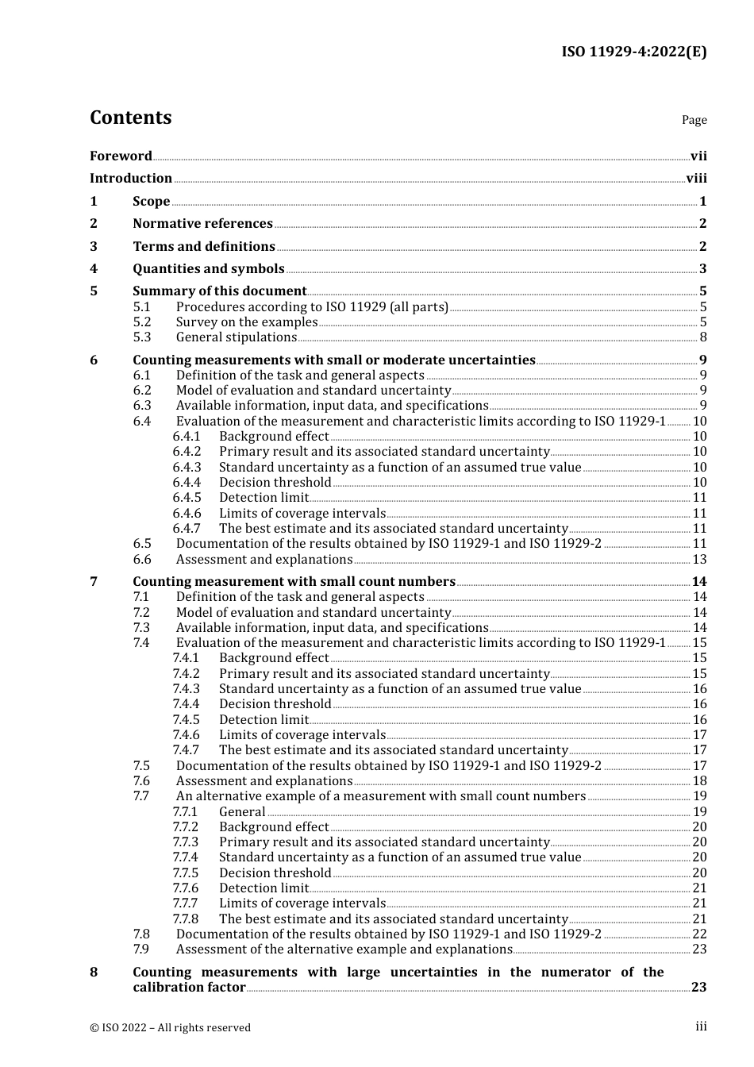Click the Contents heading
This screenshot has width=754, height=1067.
click(130, 117)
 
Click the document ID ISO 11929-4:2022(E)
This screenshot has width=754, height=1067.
click(633, 52)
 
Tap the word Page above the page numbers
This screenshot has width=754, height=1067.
click(694, 120)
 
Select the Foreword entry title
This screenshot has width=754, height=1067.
click(121, 156)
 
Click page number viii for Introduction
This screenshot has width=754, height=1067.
click(696, 179)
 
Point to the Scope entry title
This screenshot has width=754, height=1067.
click(151, 202)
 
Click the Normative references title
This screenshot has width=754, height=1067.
click(202, 224)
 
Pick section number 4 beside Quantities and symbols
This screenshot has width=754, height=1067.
click(94, 269)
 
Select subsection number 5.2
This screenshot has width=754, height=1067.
click(142, 322)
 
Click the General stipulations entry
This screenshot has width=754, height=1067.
click(236, 337)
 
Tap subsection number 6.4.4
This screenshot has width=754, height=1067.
click(187, 483)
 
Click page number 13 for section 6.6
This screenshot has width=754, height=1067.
click(699, 560)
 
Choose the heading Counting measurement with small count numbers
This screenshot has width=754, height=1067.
click(294, 582)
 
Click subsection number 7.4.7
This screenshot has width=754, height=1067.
click(187, 750)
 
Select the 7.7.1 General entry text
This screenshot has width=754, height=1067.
click(242, 812)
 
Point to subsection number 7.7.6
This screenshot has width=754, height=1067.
click(186, 888)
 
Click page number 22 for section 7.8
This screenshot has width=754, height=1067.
click(699, 934)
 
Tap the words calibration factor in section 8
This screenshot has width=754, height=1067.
click(189, 988)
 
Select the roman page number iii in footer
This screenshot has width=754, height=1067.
click(701, 1027)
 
